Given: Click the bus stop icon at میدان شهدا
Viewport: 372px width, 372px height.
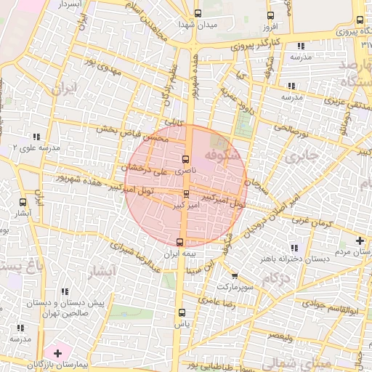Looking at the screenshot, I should coord(198,13).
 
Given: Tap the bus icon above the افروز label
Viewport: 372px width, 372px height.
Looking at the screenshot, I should coord(271,15).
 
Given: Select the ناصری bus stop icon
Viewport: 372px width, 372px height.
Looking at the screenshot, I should coord(185,159).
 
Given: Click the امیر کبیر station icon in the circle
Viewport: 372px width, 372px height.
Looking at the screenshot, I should coord(187,194).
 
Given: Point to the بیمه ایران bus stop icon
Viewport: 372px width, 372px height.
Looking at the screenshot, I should coord(180,242).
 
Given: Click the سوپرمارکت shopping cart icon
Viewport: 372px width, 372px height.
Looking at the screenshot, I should coord(234,275).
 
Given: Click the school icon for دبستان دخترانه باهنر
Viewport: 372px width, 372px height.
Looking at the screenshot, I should coord(294,248).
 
